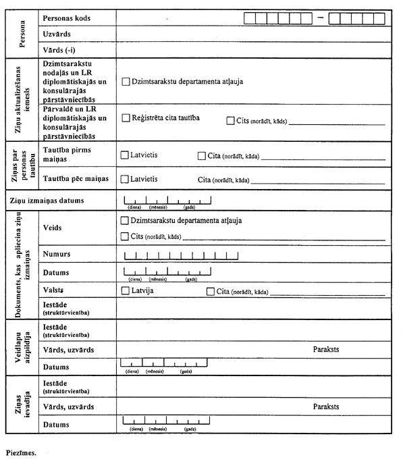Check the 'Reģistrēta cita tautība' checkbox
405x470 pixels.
[126, 118]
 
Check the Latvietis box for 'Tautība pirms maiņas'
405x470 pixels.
[124, 155]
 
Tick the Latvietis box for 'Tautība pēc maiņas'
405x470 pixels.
[124, 180]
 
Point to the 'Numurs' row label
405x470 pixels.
[57, 254]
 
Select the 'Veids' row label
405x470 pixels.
[52, 228]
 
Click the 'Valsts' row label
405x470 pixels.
[53, 290]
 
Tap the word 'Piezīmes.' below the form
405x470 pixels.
[21, 454]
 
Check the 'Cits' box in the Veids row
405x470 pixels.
[124, 236]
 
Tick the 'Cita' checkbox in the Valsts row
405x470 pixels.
[211, 291]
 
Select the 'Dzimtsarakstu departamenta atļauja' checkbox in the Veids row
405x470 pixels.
[124, 221]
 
